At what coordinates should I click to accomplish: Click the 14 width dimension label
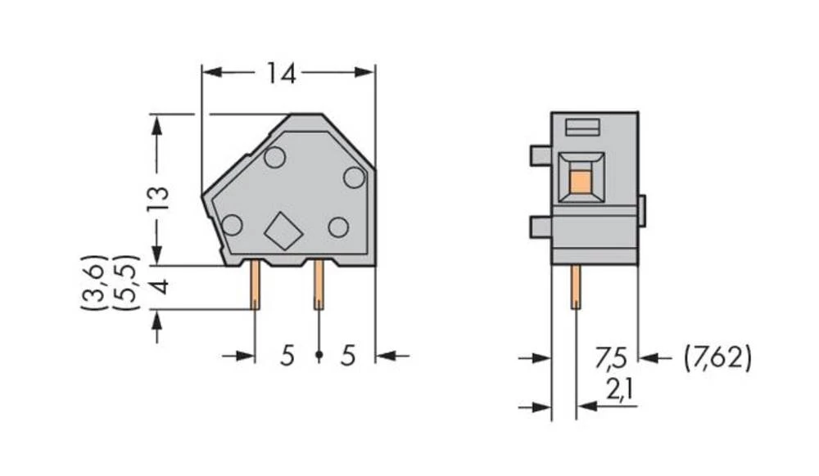280,74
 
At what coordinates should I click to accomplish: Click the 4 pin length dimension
159,287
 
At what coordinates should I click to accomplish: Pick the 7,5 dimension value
613,358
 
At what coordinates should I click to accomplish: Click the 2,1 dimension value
618,393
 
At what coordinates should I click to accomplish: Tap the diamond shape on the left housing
283,231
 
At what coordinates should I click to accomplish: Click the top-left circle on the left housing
274,157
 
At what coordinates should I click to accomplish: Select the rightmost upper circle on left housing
353,177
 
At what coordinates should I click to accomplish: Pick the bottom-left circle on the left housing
232,224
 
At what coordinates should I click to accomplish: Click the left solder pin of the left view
256,285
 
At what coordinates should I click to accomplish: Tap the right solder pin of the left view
318,285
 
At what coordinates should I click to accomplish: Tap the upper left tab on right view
541,155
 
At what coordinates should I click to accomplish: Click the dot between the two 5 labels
319,356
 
